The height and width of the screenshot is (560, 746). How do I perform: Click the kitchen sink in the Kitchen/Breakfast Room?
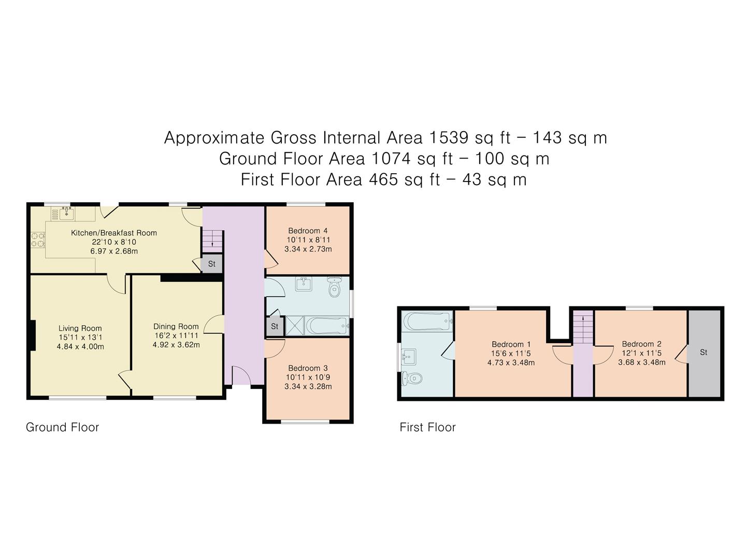[x=66, y=213]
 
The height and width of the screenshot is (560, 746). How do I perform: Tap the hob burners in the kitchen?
[x=38, y=240]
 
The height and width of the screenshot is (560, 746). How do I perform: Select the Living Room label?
[x=80, y=328]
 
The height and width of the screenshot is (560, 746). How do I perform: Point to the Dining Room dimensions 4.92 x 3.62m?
[x=176, y=344]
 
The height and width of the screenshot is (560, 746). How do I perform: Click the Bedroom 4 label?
[x=308, y=231]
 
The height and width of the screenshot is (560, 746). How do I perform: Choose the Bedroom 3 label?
[x=308, y=368]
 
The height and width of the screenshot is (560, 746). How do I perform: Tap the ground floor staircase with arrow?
[x=212, y=240]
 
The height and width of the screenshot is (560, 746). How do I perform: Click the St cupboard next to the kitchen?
[x=211, y=264]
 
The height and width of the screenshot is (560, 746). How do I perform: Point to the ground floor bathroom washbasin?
[x=304, y=284]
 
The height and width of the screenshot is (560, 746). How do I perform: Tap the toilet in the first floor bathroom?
[x=412, y=379]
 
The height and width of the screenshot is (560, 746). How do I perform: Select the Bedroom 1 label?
[x=511, y=344]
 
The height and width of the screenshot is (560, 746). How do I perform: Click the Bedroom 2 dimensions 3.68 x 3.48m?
[x=641, y=362]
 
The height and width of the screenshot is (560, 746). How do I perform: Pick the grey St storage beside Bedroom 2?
[x=704, y=353]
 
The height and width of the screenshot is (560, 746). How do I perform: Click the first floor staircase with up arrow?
[x=583, y=327]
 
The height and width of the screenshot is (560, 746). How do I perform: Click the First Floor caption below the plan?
[x=427, y=427]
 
